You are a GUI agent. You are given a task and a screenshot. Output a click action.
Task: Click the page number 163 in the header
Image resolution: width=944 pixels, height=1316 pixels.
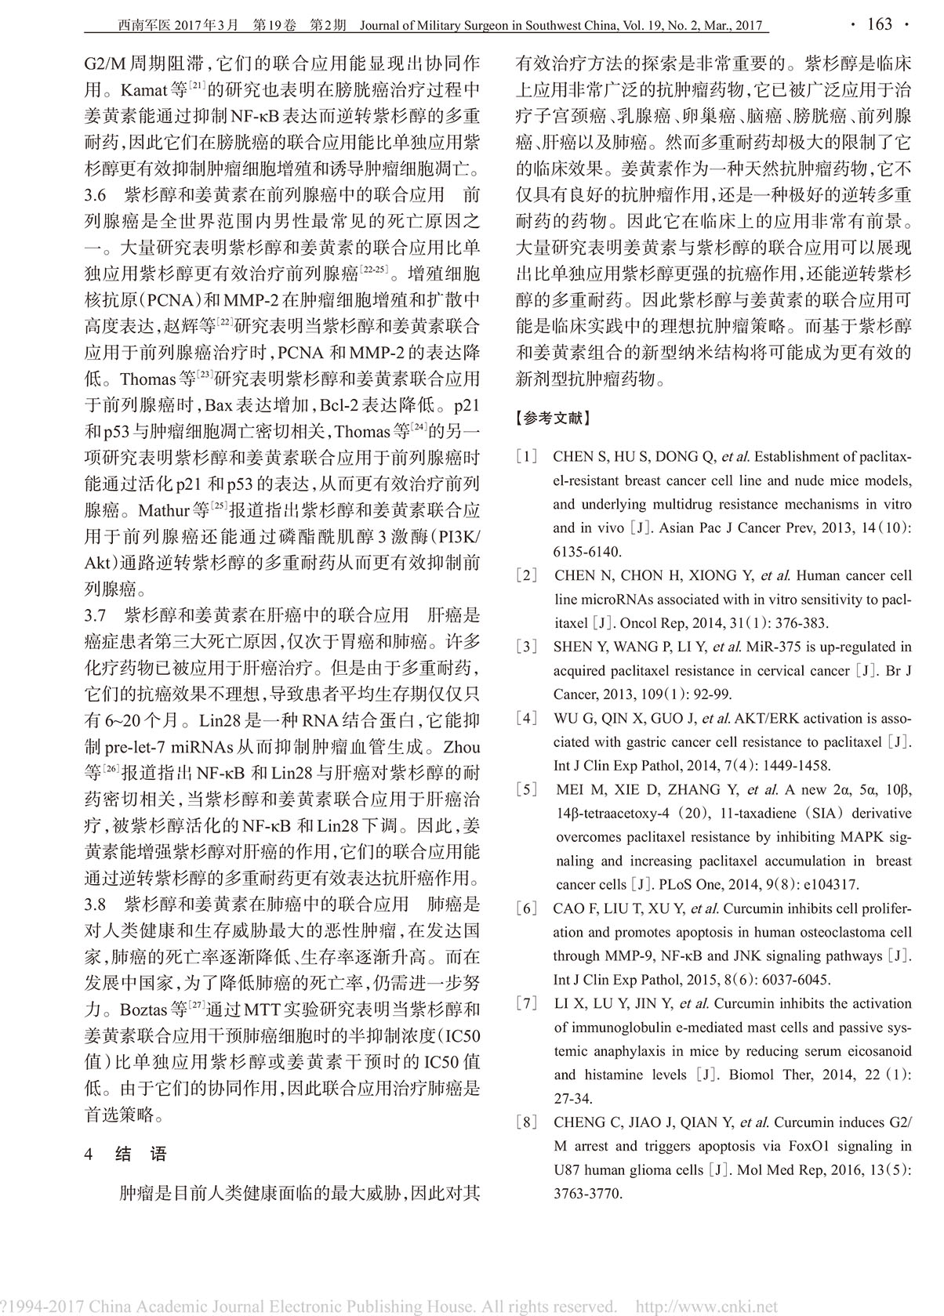(x=880, y=24)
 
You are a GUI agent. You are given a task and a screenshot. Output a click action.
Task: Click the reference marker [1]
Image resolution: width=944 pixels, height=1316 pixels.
(x=526, y=457)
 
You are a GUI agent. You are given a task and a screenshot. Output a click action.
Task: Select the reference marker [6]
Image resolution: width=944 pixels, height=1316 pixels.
(x=526, y=909)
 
